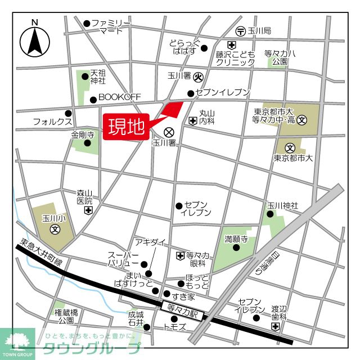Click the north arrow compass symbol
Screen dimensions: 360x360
(x=35, y=40)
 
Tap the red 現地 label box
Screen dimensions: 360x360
(x=125, y=127)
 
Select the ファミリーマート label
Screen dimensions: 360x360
(x=111, y=26)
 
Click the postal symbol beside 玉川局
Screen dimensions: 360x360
(x=240, y=30)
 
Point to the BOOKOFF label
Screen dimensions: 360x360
(x=119, y=97)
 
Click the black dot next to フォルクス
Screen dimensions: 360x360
(x=68, y=112)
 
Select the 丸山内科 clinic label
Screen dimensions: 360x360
(x=208, y=116)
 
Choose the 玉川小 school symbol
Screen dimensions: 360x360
(x=56, y=229)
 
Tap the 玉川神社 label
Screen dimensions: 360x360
(x=282, y=206)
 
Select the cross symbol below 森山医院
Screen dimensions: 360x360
(x=88, y=211)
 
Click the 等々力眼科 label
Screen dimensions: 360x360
(x=198, y=259)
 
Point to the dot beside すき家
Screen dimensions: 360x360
(x=166, y=294)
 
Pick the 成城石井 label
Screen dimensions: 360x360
(x=136, y=319)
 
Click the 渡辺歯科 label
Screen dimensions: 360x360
(x=279, y=313)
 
